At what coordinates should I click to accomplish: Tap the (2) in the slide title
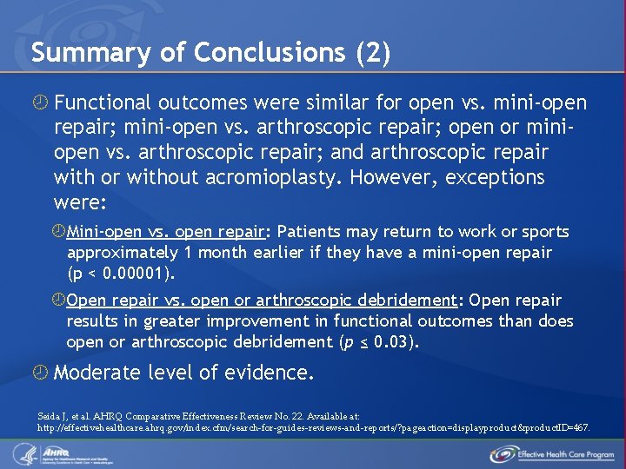[373, 53]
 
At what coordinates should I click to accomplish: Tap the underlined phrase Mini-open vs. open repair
[165, 232]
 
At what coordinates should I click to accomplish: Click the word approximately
[123, 253]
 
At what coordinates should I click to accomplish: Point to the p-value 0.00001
[139, 274]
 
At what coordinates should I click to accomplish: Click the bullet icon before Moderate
[40, 373]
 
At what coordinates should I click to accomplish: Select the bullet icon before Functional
[40, 104]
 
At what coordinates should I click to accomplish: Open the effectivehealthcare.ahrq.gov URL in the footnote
[314, 427]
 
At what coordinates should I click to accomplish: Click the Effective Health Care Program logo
[552, 453]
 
